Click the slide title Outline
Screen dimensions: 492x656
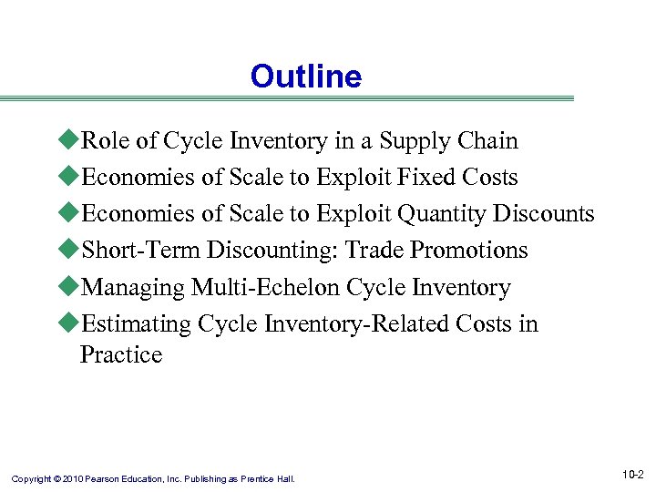[306, 77]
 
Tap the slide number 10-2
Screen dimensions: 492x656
[633, 475]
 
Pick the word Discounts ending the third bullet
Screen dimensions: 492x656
[544, 214]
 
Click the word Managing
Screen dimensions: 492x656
[133, 288]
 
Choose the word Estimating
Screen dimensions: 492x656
[137, 324]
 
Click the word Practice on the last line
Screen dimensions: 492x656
[121, 354]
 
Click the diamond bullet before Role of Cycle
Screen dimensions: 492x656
[71, 141]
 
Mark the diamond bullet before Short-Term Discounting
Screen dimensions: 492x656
[71, 251]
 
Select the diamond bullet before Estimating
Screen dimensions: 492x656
[71, 324]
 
